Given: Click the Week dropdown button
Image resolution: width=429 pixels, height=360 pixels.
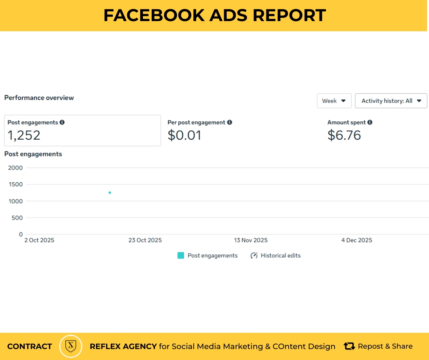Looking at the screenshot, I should coord(334,101).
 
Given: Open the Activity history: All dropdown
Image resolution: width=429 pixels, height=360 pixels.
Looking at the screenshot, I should coord(391,101).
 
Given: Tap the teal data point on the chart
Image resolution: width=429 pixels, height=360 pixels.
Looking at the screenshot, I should coord(110,193).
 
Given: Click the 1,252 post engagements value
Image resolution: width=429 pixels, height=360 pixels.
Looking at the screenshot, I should coord(24,135).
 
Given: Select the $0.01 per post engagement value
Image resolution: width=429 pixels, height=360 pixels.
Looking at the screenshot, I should coord(184,135).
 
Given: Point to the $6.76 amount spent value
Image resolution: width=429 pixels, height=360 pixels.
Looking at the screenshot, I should coord(344,135).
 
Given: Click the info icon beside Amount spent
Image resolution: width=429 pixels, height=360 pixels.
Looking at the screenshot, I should coord(370,122).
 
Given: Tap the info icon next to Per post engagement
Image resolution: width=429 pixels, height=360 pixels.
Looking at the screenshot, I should coord(230,122).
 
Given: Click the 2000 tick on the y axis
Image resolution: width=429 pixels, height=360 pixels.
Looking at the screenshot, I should coord(15,168).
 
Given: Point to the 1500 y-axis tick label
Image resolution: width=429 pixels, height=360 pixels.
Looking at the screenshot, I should coord(15,184).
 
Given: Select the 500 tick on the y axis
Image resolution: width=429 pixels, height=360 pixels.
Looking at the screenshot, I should coord(17,218).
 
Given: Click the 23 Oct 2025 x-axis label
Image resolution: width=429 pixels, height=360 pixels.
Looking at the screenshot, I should coord(145,240).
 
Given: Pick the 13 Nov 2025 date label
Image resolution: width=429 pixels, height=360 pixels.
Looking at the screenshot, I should coord(251,240).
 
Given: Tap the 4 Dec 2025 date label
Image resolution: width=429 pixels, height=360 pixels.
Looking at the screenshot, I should coord(356,240).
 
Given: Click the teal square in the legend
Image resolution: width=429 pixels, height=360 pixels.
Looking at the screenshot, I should coord(181,255).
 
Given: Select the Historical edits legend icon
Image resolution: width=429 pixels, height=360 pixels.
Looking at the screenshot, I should coord(254,256).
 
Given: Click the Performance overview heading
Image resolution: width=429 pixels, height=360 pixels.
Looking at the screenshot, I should coord(39,98).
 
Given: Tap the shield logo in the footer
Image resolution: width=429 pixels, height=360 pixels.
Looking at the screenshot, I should coord(71,346).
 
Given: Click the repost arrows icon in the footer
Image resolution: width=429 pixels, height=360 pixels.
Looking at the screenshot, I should coord(349,346).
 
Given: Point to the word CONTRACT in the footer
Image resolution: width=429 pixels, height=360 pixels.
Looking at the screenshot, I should coord(30,347).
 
